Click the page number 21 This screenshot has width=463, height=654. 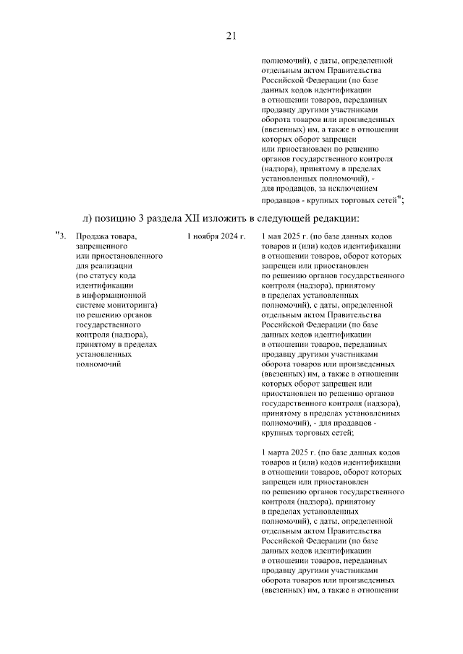(231, 35)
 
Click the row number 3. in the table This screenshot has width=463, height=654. (64, 236)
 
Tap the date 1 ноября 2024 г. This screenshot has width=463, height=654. (216, 236)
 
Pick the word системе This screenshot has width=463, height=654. (90, 305)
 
